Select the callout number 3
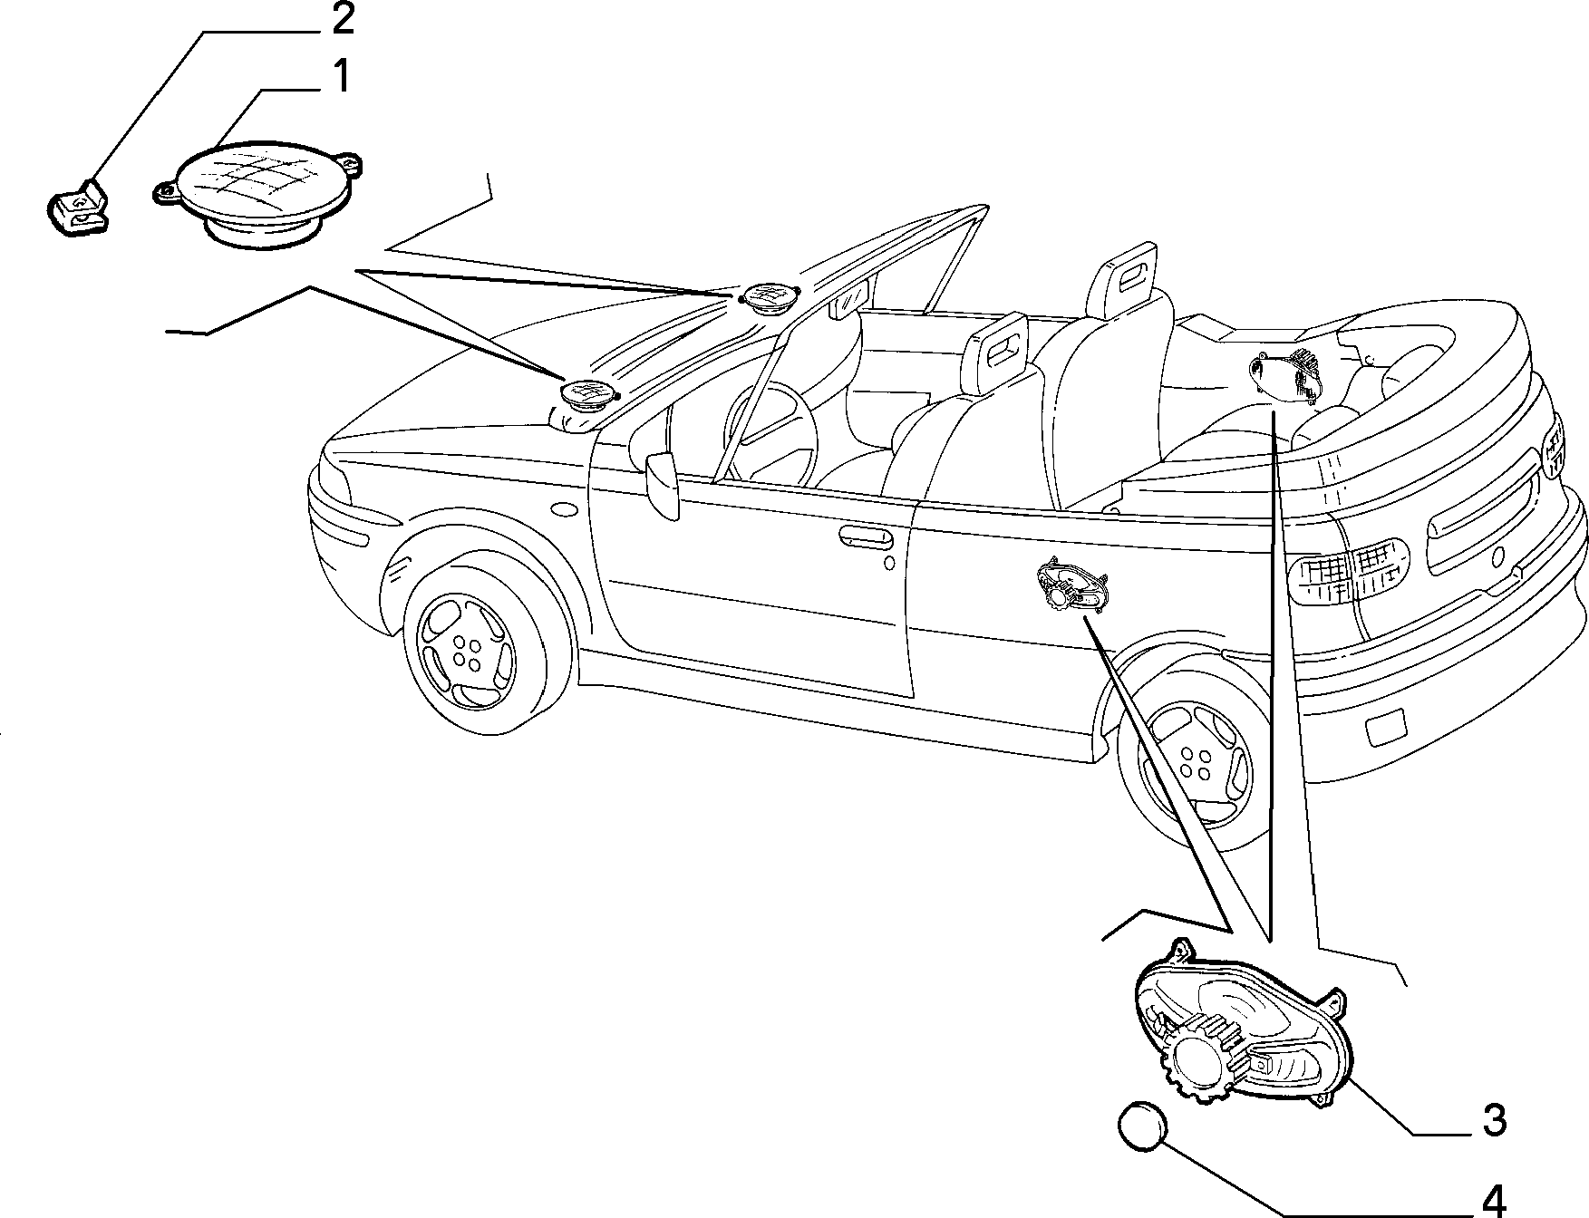point(1495,1120)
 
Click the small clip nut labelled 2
point(76,208)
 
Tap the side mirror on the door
point(663,485)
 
